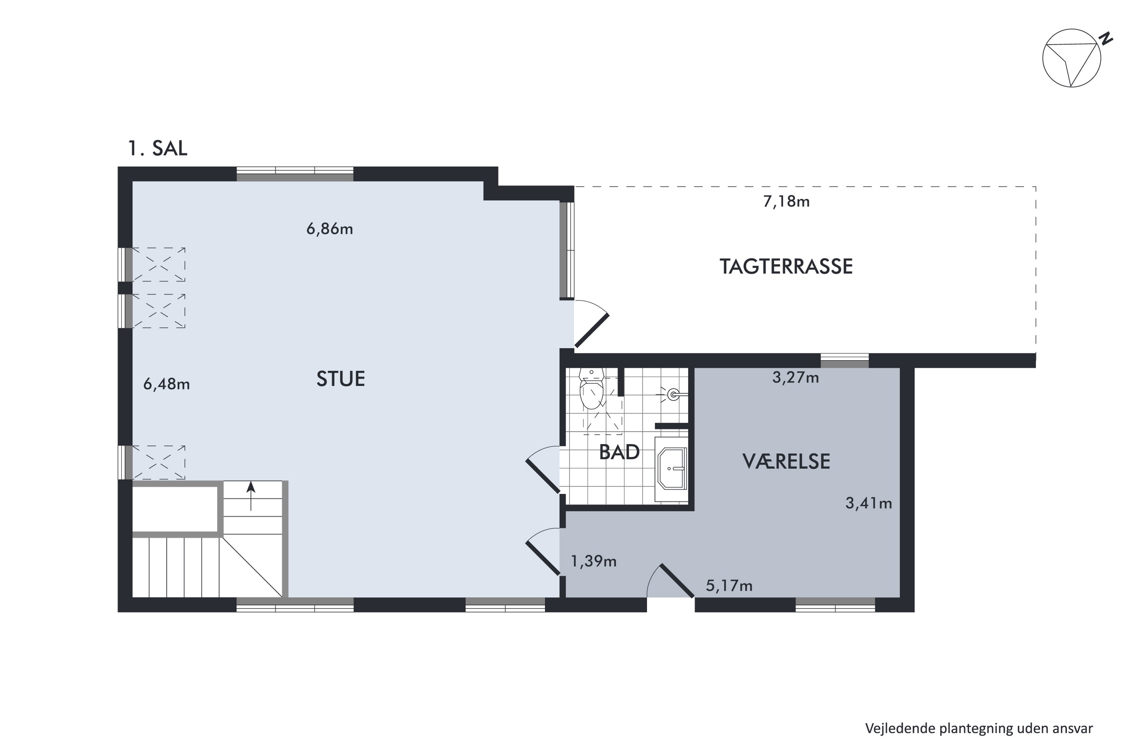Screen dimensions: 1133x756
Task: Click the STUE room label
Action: (340, 379)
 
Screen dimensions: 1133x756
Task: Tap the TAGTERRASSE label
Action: (786, 266)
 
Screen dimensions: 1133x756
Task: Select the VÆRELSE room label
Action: (786, 462)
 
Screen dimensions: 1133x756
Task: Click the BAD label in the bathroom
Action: (619, 452)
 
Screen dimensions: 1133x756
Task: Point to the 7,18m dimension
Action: (786, 201)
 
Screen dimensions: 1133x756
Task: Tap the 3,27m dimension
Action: (795, 378)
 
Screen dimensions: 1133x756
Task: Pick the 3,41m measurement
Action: (869, 503)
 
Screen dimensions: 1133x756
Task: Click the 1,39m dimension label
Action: (593, 561)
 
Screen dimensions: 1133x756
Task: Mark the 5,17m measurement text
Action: (729, 586)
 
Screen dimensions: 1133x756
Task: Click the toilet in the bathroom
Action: (591, 389)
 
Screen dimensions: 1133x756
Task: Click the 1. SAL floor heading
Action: (157, 148)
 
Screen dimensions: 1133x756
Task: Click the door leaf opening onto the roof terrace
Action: (592, 330)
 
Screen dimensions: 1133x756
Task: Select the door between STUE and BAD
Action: (543, 476)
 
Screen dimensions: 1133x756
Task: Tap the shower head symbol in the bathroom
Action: (673, 394)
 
